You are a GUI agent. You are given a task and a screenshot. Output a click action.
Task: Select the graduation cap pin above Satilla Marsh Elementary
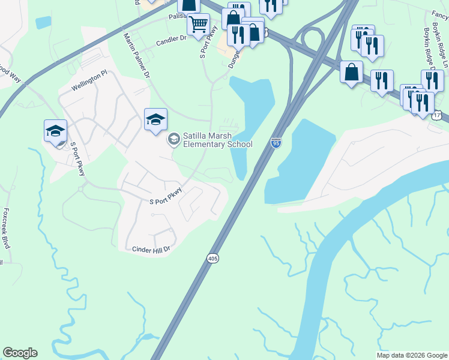pos(155,119)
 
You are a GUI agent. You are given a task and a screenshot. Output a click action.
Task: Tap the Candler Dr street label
pos(171,42)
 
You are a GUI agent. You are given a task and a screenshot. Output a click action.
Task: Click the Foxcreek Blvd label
pos(7,229)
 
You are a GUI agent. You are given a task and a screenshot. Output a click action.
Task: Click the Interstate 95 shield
pos(276,143)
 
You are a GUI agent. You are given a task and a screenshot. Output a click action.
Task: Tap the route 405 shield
pos(213,258)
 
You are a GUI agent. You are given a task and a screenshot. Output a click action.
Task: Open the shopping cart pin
pos(198,25)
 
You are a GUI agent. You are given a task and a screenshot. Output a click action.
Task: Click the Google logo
pos(20,353)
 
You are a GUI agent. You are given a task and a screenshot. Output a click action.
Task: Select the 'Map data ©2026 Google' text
pos(411,355)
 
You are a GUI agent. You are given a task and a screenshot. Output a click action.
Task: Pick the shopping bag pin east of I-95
pos(352,73)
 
